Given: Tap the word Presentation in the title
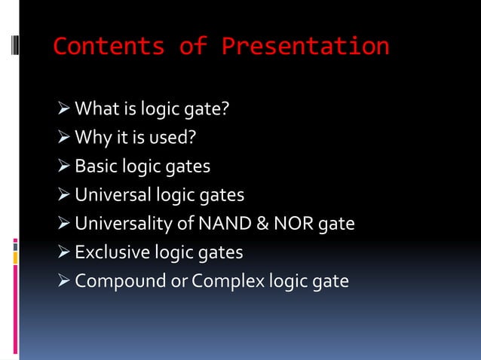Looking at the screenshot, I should click(x=306, y=47).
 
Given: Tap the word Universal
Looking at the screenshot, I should click(x=113, y=195).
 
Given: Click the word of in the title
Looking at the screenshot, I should click(x=193, y=47).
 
